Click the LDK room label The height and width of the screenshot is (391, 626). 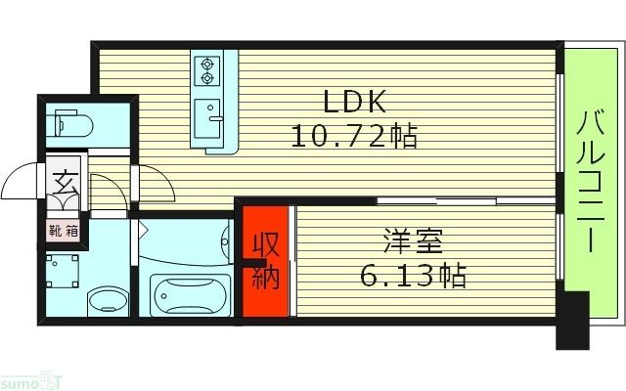(x=355, y=101)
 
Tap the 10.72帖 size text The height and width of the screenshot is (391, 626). (x=354, y=135)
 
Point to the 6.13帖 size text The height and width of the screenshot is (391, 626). (x=411, y=275)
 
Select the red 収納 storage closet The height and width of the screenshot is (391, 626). (x=266, y=262)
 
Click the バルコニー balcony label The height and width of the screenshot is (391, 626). (x=589, y=183)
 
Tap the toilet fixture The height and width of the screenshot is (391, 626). (x=74, y=122)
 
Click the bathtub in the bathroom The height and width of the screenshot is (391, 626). (x=191, y=292)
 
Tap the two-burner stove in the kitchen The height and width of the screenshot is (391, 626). (x=207, y=71)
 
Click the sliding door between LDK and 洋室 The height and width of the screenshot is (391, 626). (x=460, y=200)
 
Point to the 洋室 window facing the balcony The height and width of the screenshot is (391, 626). (x=559, y=255)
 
